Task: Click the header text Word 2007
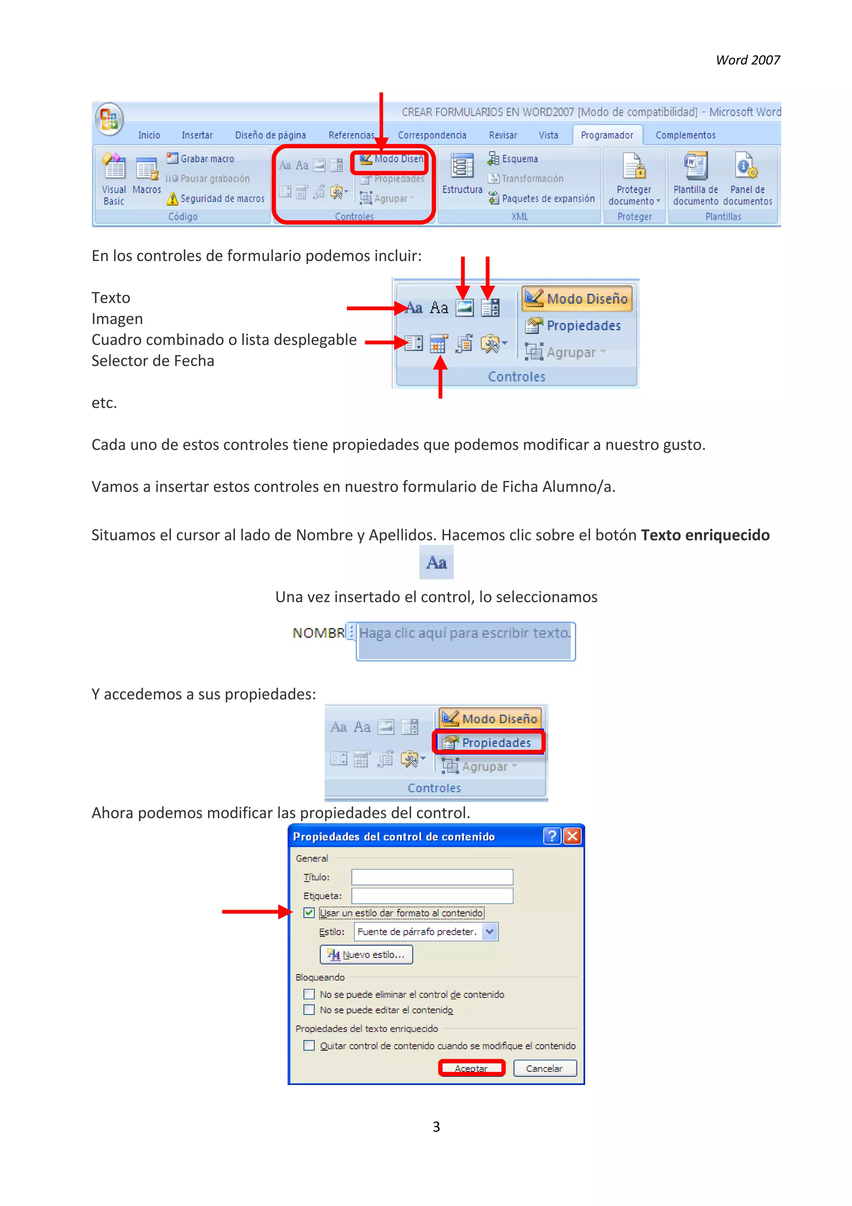pyautogui.click(x=748, y=60)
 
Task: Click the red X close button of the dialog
pyautogui.click(x=572, y=836)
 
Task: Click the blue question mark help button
pyautogui.click(x=551, y=836)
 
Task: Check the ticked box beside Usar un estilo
pyautogui.click(x=309, y=913)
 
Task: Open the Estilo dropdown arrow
pyautogui.click(x=489, y=932)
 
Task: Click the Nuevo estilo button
pyautogui.click(x=366, y=954)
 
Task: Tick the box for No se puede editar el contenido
pyautogui.click(x=309, y=1010)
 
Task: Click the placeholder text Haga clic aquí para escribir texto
pyautogui.click(x=464, y=633)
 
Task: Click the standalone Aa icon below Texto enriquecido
pyautogui.click(x=436, y=563)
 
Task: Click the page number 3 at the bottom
pyautogui.click(x=436, y=1126)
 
